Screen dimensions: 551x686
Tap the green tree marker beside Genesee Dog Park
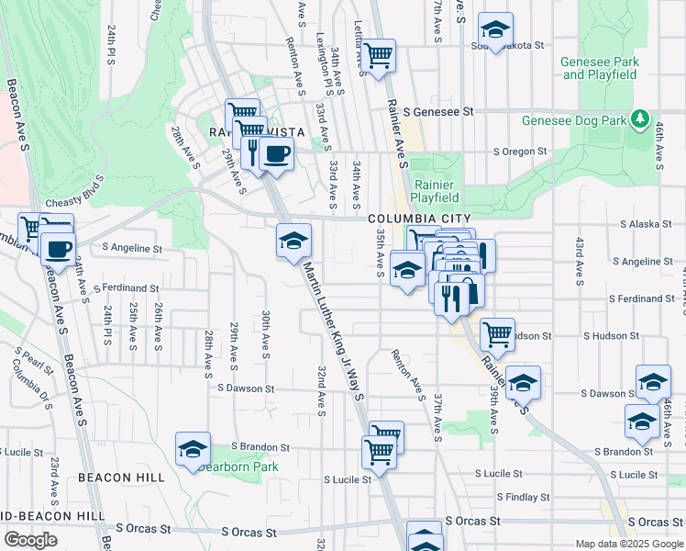(x=640, y=119)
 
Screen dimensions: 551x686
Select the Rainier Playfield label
(x=436, y=190)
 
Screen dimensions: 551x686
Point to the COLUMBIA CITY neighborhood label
(x=411, y=219)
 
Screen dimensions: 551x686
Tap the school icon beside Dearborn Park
(x=193, y=448)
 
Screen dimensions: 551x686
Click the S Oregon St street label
(x=519, y=152)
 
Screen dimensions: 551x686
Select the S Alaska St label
(x=647, y=224)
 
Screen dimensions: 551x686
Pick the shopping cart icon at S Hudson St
(x=497, y=335)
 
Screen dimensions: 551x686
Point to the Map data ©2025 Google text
(x=629, y=544)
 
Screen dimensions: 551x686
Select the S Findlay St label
(x=523, y=498)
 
